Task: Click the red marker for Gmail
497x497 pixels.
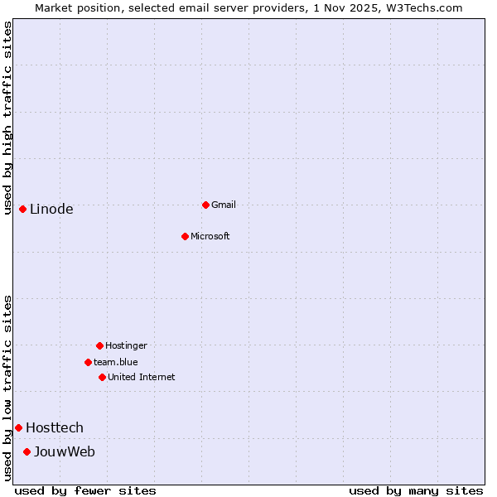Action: (x=205, y=205)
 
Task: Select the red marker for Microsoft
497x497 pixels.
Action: (x=186, y=236)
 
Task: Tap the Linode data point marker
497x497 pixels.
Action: (x=22, y=209)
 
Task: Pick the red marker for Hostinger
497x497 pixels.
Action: (x=99, y=345)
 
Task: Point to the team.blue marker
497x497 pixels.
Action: (x=88, y=362)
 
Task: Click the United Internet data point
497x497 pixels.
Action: (x=102, y=377)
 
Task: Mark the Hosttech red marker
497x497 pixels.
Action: (x=18, y=427)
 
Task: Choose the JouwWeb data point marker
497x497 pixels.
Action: (x=27, y=451)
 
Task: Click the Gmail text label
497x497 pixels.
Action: (x=224, y=205)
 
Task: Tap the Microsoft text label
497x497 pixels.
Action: (x=210, y=236)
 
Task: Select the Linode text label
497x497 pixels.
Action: (x=51, y=209)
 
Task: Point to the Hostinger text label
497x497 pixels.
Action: (x=126, y=345)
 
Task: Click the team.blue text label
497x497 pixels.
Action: (x=116, y=362)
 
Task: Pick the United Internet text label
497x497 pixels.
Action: (x=142, y=377)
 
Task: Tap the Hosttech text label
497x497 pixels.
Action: (x=55, y=427)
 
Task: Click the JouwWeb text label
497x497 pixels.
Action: (x=65, y=451)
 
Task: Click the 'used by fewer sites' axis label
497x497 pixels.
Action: (x=85, y=490)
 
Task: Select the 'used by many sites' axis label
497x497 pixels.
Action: (x=416, y=490)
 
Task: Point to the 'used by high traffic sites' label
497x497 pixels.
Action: (x=7, y=118)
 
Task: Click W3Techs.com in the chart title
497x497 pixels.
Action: (x=422, y=7)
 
